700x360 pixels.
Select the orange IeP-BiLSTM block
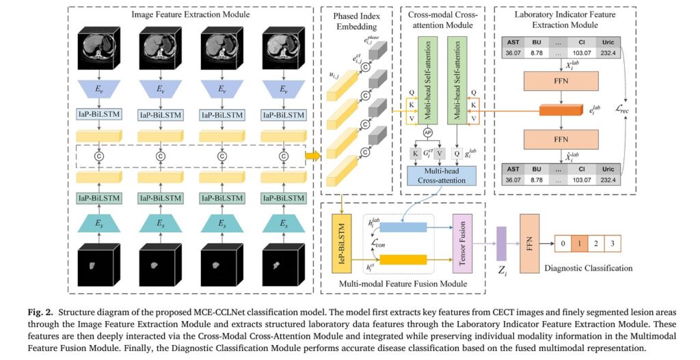[340, 245]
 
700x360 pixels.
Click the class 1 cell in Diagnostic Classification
[578, 243]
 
